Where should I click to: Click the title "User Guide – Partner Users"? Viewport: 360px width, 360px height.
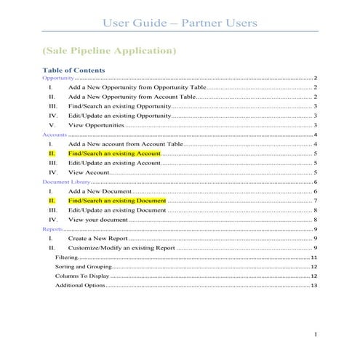click(x=180, y=23)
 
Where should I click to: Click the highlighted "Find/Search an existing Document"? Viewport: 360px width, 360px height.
click(x=117, y=200)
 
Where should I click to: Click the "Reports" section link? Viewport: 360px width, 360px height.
click(x=53, y=229)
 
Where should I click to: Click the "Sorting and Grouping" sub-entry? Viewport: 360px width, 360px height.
click(x=81, y=267)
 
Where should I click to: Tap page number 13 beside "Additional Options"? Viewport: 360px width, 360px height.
click(x=313, y=286)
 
